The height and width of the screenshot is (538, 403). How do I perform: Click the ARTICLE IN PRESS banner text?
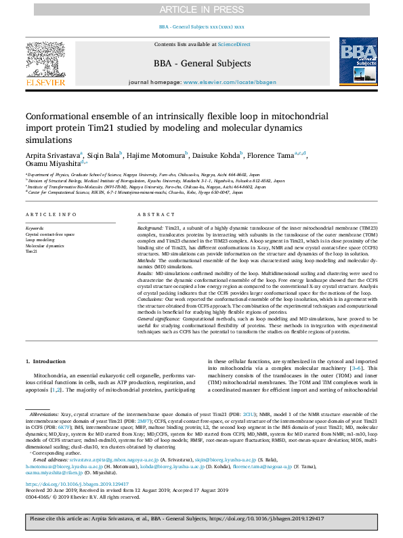coord(201,9)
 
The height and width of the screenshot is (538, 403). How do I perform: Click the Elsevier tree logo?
coord(45,60)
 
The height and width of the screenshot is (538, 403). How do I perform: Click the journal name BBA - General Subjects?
coord(202,64)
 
